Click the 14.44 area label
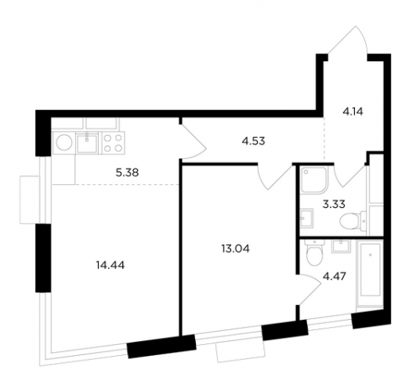tap(110, 265)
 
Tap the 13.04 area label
tap(235, 249)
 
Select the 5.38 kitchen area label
tap(128, 173)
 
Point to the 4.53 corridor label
tap(253, 141)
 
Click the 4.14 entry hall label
tap(353, 111)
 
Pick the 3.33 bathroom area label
tap(334, 205)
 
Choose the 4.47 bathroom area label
tap(335, 277)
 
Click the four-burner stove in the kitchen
tap(113, 143)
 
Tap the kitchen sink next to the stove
tap(87, 143)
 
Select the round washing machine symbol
tap(64, 143)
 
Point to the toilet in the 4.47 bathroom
tap(314, 253)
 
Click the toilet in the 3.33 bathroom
tap(353, 221)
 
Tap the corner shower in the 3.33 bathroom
tap(314, 179)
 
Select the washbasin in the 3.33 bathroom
tap(307, 218)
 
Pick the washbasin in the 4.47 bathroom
tap(341, 245)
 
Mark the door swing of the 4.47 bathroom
tap(310, 290)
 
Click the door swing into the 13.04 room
tap(275, 176)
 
